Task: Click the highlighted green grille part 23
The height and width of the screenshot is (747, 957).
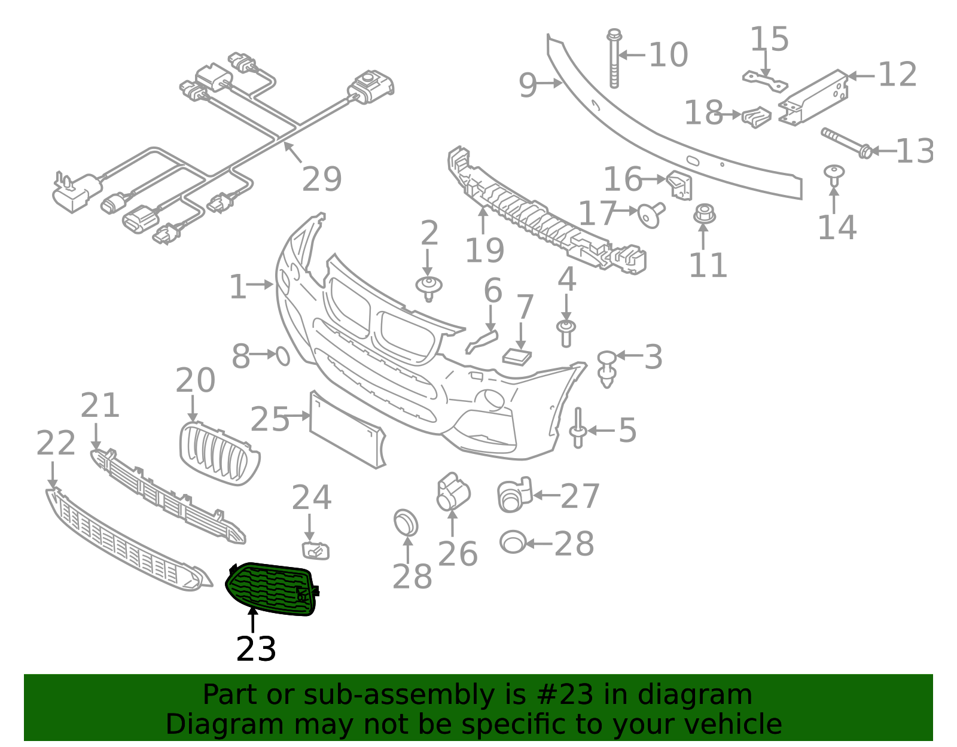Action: click(272, 589)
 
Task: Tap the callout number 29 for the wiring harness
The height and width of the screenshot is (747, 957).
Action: click(322, 179)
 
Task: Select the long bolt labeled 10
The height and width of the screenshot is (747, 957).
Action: click(614, 59)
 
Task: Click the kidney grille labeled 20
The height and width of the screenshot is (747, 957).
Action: click(220, 453)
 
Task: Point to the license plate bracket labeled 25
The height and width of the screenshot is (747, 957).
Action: click(347, 431)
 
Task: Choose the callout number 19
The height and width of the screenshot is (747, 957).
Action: click(484, 250)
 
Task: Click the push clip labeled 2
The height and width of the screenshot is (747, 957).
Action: click(428, 289)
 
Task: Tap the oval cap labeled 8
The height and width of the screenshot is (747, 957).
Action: click(283, 356)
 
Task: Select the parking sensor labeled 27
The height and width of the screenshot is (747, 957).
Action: click(514, 495)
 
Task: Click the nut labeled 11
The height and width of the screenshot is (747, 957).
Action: click(704, 214)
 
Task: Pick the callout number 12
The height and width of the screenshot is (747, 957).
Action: click(898, 74)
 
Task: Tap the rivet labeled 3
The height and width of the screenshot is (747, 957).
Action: click(607, 370)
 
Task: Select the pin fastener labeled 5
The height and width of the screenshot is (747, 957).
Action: click(577, 428)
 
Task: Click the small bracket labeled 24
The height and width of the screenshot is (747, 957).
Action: click(315, 551)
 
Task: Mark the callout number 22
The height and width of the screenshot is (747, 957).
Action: click(56, 443)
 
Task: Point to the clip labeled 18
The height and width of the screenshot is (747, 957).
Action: click(756, 117)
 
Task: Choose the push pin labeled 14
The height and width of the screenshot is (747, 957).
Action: click(834, 175)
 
